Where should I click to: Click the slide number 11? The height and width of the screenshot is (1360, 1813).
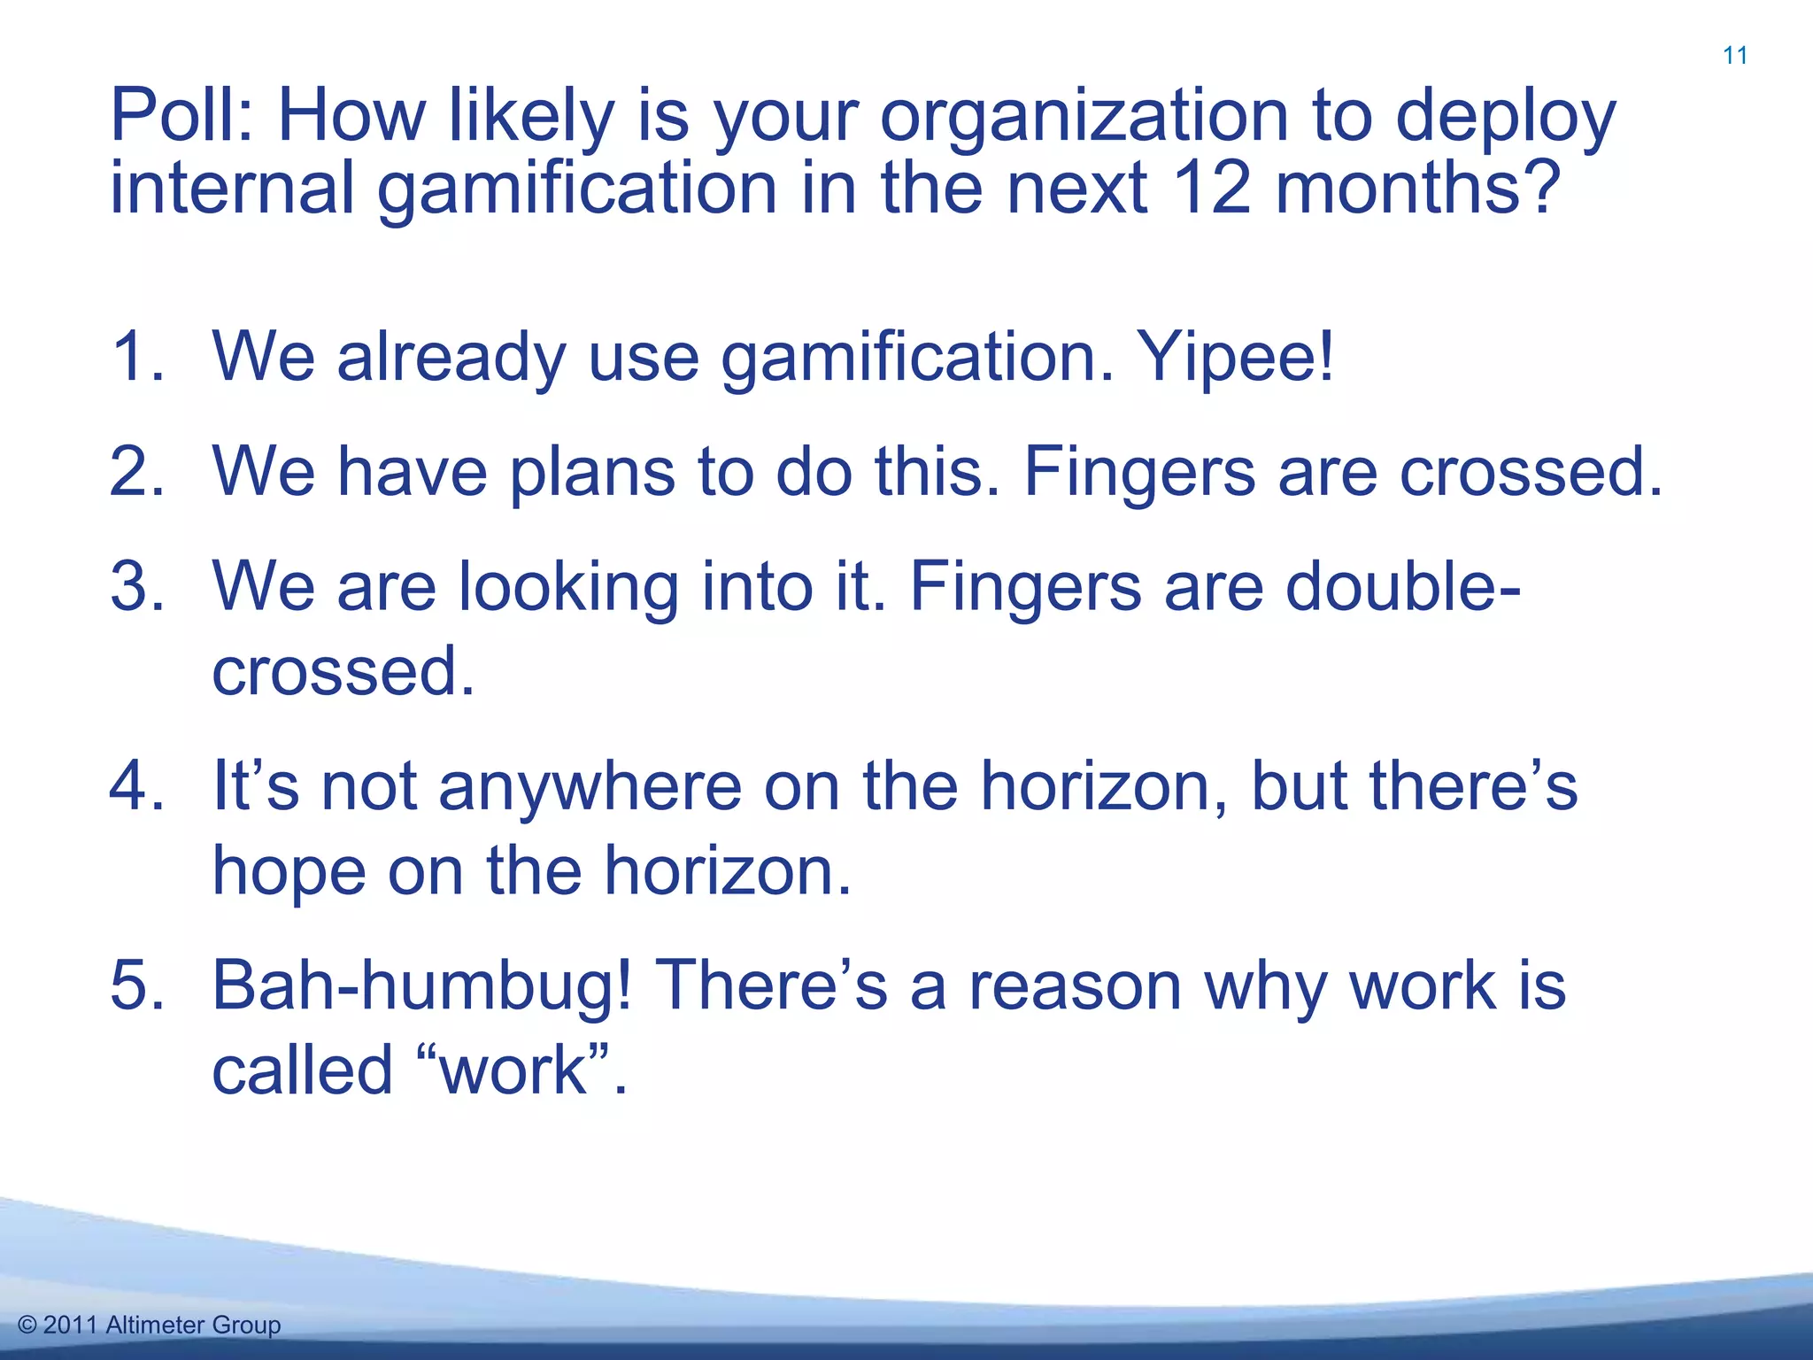tap(1735, 56)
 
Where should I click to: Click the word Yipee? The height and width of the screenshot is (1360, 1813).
tap(1235, 358)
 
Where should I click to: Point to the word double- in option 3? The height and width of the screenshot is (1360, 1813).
tap(1403, 586)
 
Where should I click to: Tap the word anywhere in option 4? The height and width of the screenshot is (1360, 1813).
tap(590, 788)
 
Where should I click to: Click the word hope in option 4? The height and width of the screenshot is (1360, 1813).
tap(289, 873)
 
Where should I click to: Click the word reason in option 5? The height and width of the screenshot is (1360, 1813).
tap(1075, 987)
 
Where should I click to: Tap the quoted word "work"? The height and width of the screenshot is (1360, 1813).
tap(513, 1070)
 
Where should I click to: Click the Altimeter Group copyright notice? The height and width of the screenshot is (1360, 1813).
tap(149, 1325)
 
